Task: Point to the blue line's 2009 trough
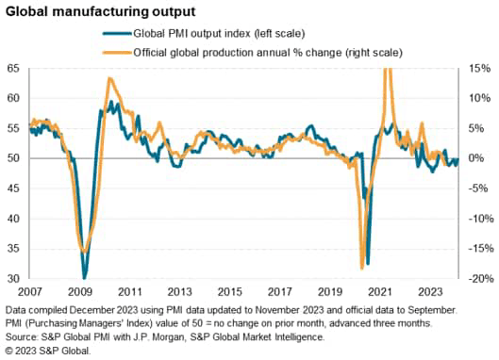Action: click(x=85, y=278)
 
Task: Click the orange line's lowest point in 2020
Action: click(x=362, y=269)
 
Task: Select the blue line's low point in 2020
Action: click(x=368, y=263)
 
